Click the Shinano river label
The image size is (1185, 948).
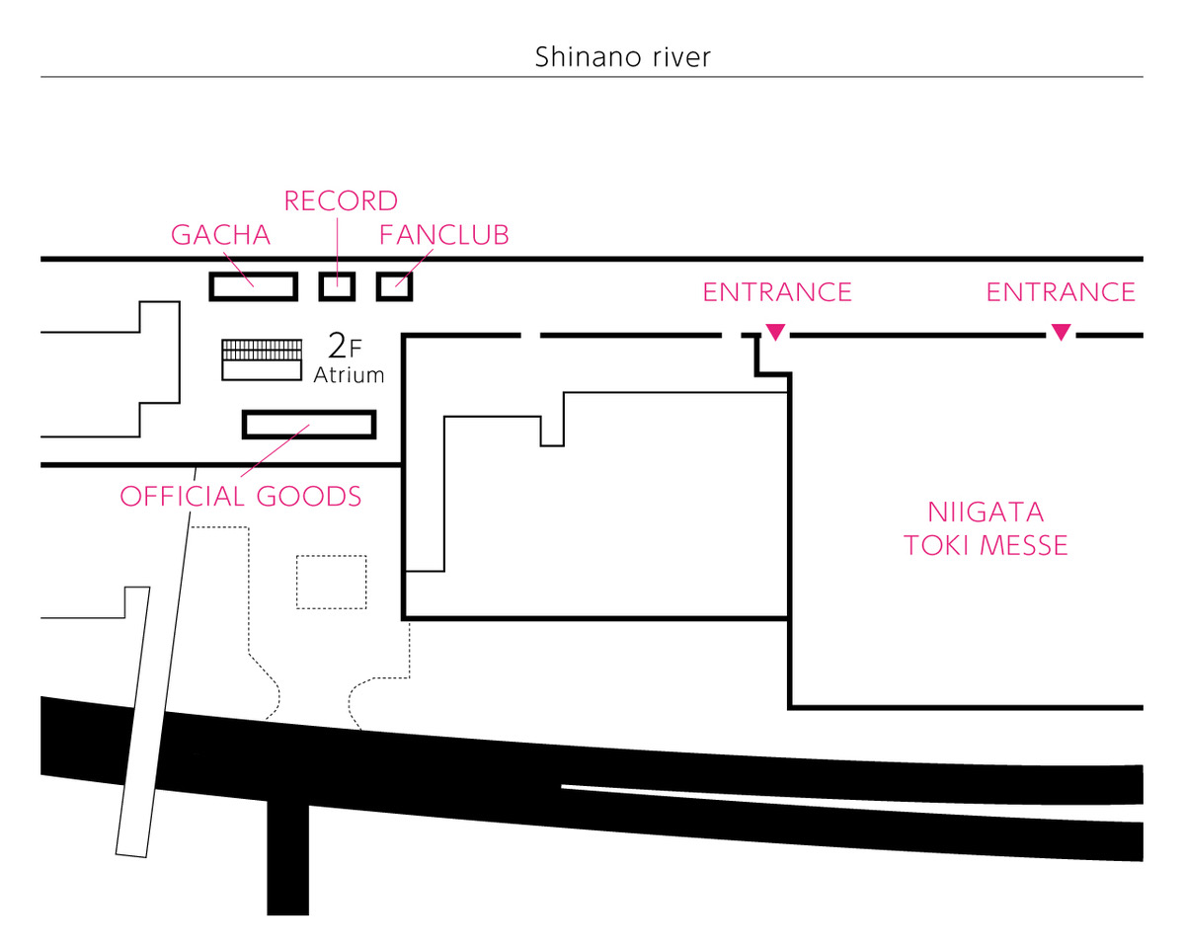click(x=623, y=57)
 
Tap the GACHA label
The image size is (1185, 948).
click(x=221, y=235)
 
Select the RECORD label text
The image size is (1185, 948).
click(x=341, y=201)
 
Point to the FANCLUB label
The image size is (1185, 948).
click(x=443, y=235)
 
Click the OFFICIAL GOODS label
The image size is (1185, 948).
click(x=241, y=497)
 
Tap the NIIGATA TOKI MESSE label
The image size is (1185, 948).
click(x=986, y=529)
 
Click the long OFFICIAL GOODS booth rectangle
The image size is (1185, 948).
click(x=309, y=412)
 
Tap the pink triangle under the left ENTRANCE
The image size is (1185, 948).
click(x=775, y=332)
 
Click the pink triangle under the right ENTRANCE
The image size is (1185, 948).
click(x=1062, y=332)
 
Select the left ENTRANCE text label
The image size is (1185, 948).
click(x=777, y=292)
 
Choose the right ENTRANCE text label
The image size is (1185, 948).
click(x=1061, y=292)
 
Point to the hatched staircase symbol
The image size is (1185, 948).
click(x=262, y=350)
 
